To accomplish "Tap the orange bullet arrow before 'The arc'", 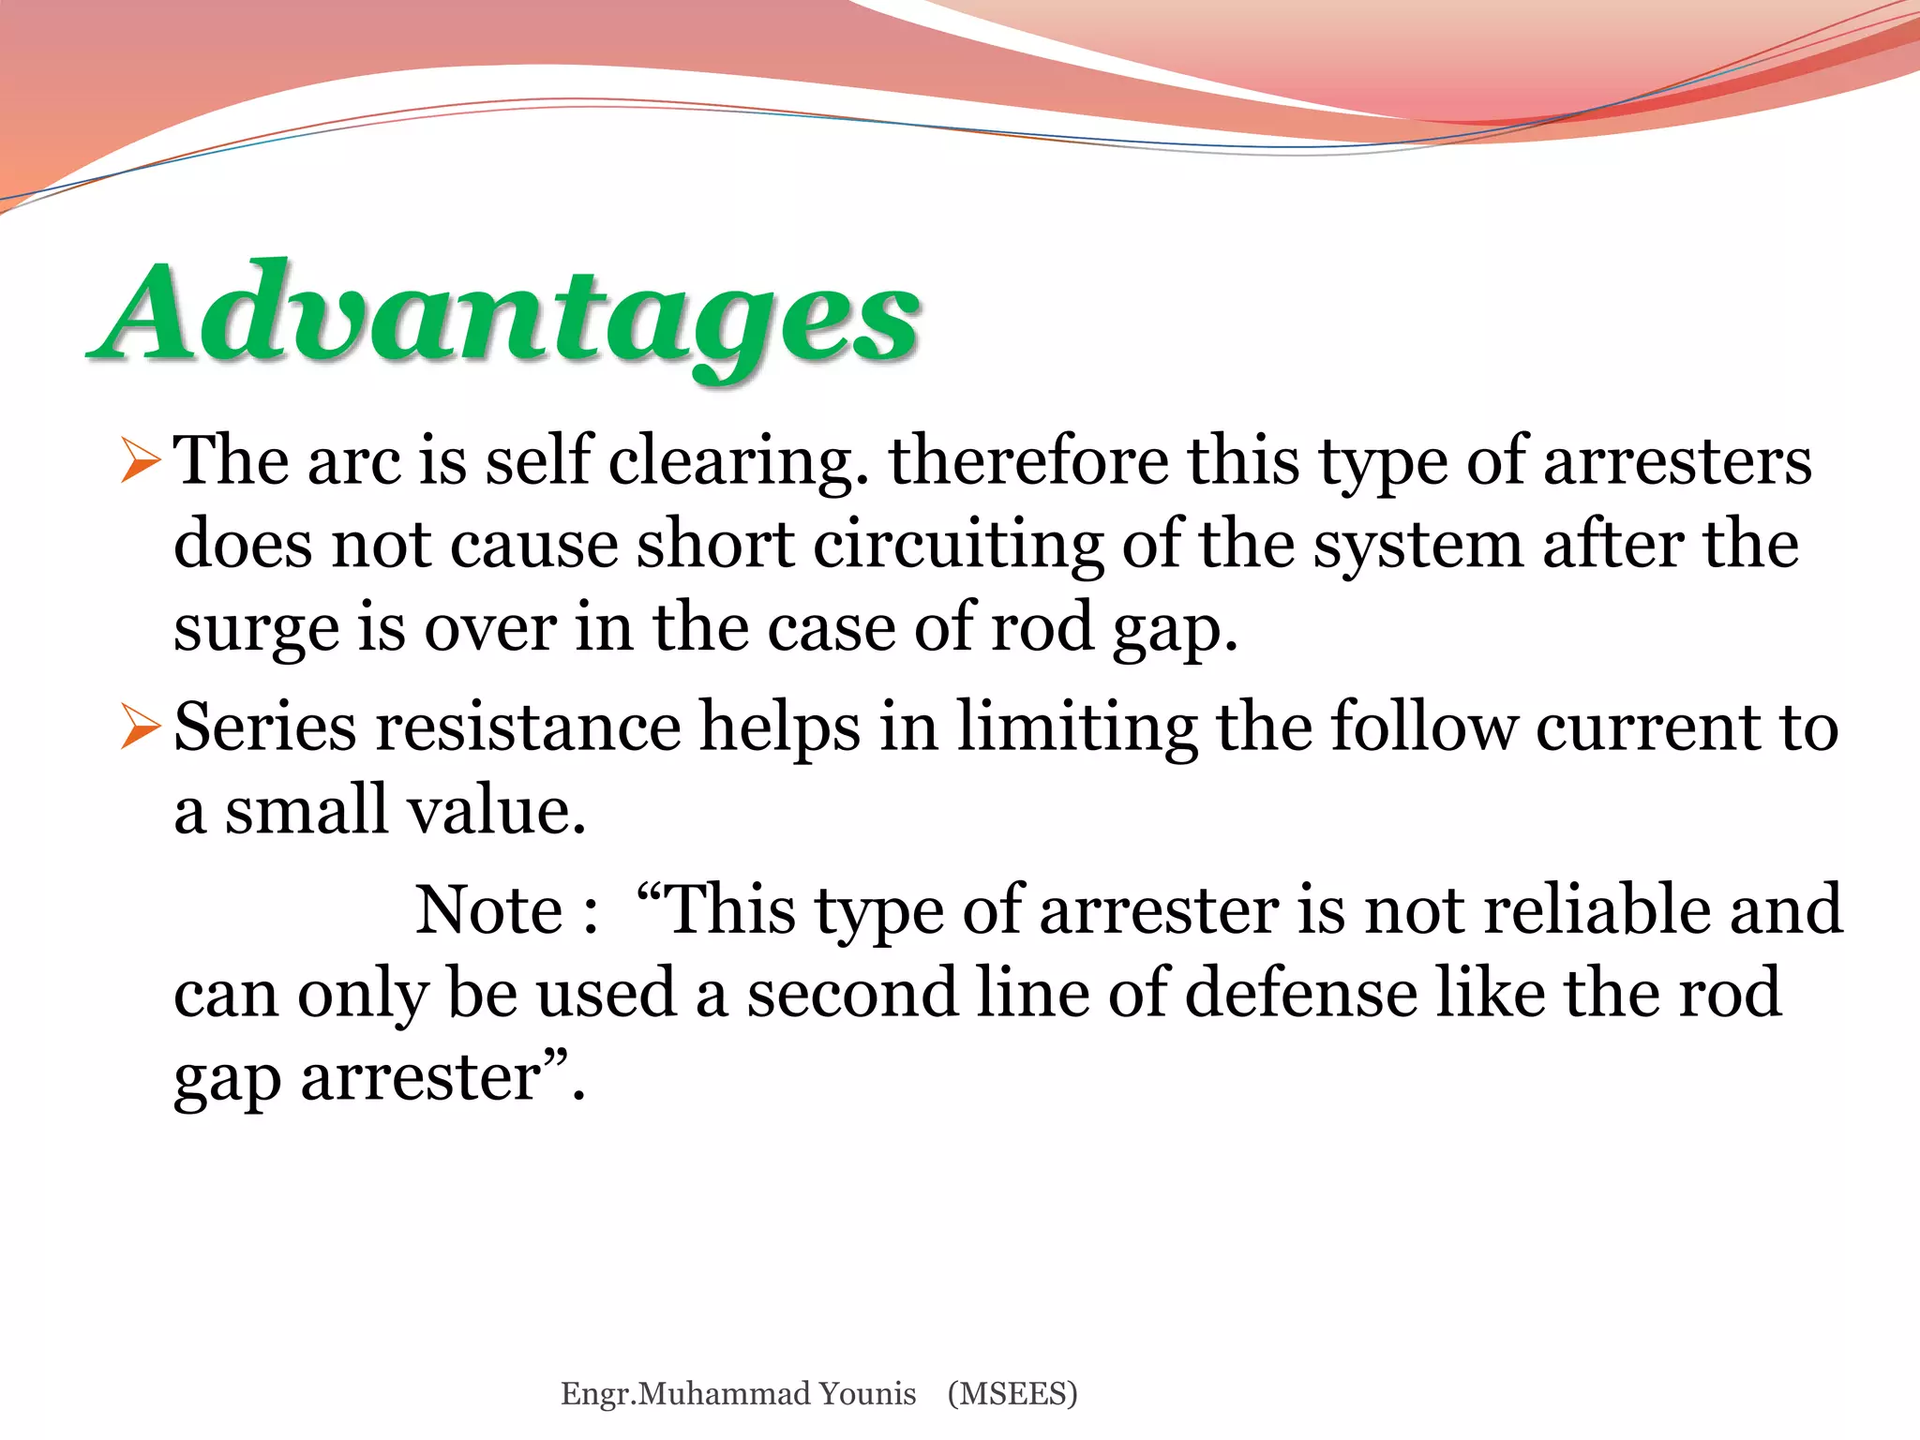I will pyautogui.click(x=141, y=462).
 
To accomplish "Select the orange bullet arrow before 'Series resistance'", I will pyautogui.click(x=141, y=728).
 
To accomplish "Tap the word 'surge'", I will pyautogui.click(x=256, y=630).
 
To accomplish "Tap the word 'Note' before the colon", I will pyautogui.click(x=488, y=909).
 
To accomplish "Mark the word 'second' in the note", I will pyautogui.click(x=851, y=992).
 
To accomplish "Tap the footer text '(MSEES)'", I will pyautogui.click(x=1012, y=1393).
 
